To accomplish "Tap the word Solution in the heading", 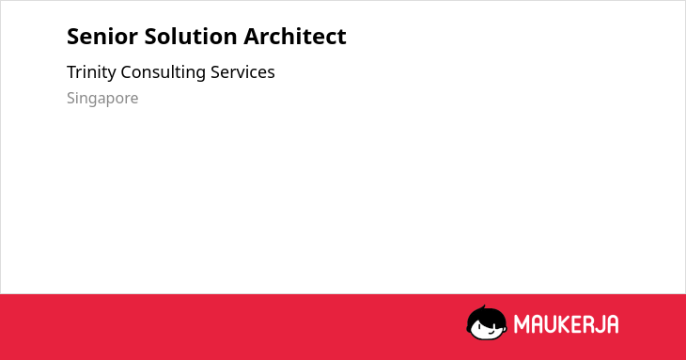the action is [191, 37].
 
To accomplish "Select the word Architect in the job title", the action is [295, 36].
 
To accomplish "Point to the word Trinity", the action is [91, 72].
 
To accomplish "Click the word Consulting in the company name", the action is [163, 72].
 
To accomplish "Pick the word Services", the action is [242, 72].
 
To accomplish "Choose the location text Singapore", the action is [102, 99].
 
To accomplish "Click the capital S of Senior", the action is [73, 37].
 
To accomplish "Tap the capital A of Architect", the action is [252, 37].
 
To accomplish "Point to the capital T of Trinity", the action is [72, 72].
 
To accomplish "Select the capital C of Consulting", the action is [127, 72].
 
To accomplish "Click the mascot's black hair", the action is [486, 316].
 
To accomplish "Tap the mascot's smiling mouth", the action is [491, 333].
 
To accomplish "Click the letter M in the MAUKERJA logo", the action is [522, 324].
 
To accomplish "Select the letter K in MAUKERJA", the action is [565, 324].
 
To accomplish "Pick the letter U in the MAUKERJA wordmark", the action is [550, 324].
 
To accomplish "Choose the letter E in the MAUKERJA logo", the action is [577, 324].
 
